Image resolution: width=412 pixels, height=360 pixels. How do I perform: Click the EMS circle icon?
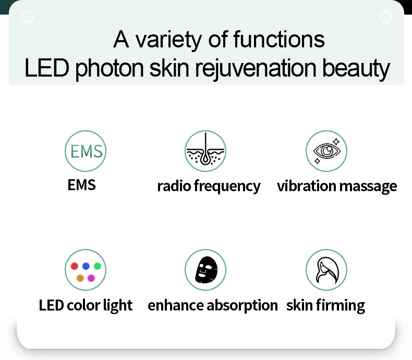pyautogui.click(x=86, y=151)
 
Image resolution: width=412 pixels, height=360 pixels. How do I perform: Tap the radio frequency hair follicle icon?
pyautogui.click(x=205, y=151)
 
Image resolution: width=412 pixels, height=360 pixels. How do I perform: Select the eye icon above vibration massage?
pyautogui.click(x=326, y=151)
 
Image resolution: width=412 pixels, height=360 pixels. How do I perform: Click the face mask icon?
pyautogui.click(x=205, y=270)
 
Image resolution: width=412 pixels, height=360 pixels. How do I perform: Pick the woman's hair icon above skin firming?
pyautogui.click(x=326, y=270)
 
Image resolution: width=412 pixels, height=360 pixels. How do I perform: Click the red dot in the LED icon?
pyautogui.click(x=75, y=266)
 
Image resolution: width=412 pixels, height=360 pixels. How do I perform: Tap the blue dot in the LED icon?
pyautogui.click(x=86, y=266)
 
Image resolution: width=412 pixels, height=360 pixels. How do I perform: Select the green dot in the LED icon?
pyautogui.click(x=97, y=266)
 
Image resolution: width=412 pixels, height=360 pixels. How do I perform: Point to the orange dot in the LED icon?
pyautogui.click(x=80, y=278)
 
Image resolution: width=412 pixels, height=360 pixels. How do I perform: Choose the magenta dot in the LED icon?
pyautogui.click(x=91, y=278)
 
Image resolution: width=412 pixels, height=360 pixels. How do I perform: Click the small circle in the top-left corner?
pyautogui.click(x=28, y=17)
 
